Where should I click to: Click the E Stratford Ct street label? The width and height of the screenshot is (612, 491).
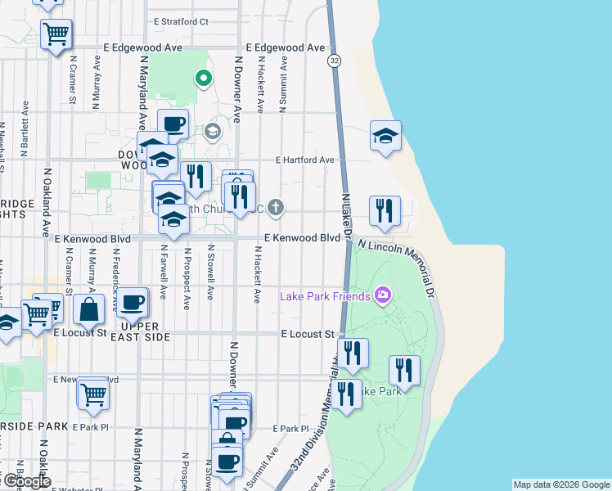tap(181, 22)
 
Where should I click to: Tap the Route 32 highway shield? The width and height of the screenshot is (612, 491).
tap(335, 61)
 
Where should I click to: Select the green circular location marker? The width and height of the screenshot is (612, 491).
tap(202, 79)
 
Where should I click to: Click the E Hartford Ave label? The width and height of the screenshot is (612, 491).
tap(305, 160)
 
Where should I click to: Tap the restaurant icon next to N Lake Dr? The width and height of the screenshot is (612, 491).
tap(384, 211)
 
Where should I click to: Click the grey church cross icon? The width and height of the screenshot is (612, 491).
tap(276, 207)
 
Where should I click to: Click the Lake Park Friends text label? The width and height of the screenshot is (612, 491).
tap(325, 295)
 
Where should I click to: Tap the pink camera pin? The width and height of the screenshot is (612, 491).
tap(382, 295)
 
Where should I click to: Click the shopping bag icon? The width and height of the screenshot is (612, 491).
tap(89, 309)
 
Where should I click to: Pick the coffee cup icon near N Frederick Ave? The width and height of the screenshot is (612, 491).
tap(133, 302)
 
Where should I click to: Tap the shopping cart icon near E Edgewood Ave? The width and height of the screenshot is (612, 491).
tap(56, 34)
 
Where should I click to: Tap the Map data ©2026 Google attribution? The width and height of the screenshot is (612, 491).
tap(560, 484)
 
